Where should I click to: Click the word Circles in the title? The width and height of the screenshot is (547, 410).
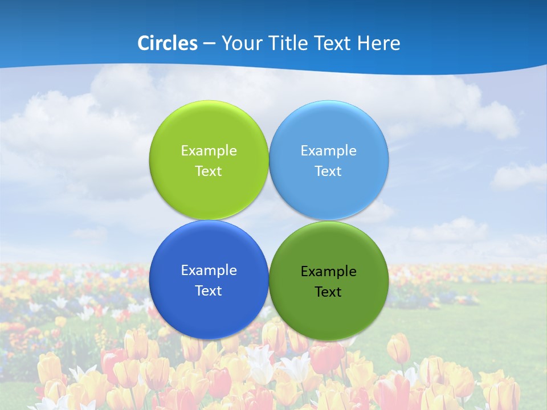pyautogui.click(x=167, y=43)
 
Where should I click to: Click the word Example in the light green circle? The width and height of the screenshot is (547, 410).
pyautogui.click(x=209, y=151)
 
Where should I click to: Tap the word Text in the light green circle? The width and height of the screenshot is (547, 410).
pyautogui.click(x=209, y=171)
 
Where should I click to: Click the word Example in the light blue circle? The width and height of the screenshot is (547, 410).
pyautogui.click(x=329, y=151)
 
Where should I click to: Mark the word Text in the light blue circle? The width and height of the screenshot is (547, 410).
pyautogui.click(x=329, y=171)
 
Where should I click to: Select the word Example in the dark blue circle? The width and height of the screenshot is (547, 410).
pyautogui.click(x=209, y=270)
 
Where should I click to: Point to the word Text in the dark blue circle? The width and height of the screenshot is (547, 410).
pyautogui.click(x=209, y=291)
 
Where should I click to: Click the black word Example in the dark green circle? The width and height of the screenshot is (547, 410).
pyautogui.click(x=329, y=272)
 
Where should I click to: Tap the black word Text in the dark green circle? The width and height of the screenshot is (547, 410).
pyautogui.click(x=329, y=292)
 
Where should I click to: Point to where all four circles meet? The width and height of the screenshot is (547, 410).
pyautogui.click(x=269, y=220)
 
